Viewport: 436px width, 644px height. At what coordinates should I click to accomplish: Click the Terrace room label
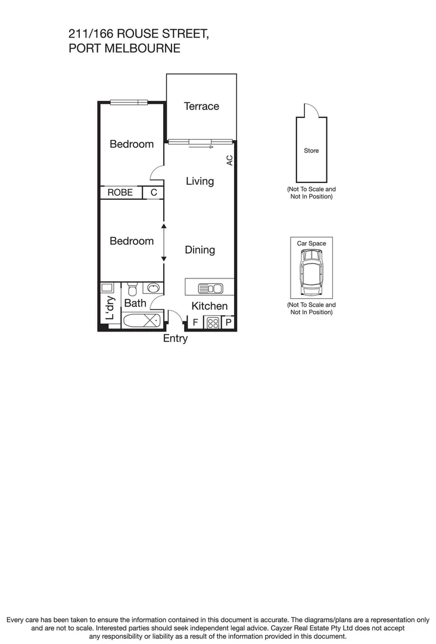tap(201, 106)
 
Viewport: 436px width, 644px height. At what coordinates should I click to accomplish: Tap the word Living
tap(200, 181)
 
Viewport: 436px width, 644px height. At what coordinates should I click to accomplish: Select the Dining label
tap(200, 250)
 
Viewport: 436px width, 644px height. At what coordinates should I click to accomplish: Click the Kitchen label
tap(209, 306)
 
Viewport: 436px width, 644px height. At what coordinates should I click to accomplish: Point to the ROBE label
tap(120, 193)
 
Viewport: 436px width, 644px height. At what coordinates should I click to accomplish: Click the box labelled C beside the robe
tap(154, 193)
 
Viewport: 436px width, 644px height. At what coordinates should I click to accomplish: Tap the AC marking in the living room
tap(229, 160)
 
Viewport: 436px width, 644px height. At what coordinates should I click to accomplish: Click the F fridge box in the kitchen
tap(195, 323)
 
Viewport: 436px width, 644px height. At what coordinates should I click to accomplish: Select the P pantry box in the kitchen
tap(229, 323)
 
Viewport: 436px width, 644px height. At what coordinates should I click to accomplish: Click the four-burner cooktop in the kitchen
tap(213, 323)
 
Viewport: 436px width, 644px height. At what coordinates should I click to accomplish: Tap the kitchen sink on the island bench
tap(211, 289)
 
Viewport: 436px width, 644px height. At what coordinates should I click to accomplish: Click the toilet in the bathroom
tap(132, 289)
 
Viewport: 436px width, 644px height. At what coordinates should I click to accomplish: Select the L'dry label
tap(110, 308)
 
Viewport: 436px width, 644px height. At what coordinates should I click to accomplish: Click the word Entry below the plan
tap(175, 338)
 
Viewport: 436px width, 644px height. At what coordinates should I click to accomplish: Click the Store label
tap(312, 150)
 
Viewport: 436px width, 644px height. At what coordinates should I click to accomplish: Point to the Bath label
tap(135, 303)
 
